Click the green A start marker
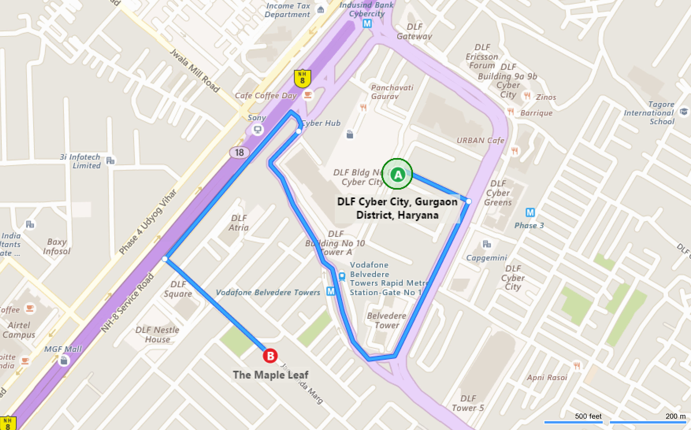click(397, 174)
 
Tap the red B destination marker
click(270, 356)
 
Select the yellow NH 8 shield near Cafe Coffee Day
click(302, 78)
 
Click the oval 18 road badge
click(239, 153)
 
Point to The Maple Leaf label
click(270, 375)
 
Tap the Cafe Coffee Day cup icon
click(307, 95)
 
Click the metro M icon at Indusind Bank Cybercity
click(367, 24)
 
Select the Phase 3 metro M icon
click(530, 212)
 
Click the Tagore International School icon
click(684, 112)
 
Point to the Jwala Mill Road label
click(195, 70)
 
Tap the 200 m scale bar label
click(675, 416)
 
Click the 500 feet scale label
click(588, 416)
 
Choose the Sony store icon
click(258, 130)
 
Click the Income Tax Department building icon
click(321, 10)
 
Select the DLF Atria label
click(239, 223)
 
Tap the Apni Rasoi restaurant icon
click(577, 366)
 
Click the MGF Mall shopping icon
click(64, 360)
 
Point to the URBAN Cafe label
click(480, 140)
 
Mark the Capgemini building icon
click(487, 244)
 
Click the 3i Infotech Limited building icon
click(110, 161)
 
